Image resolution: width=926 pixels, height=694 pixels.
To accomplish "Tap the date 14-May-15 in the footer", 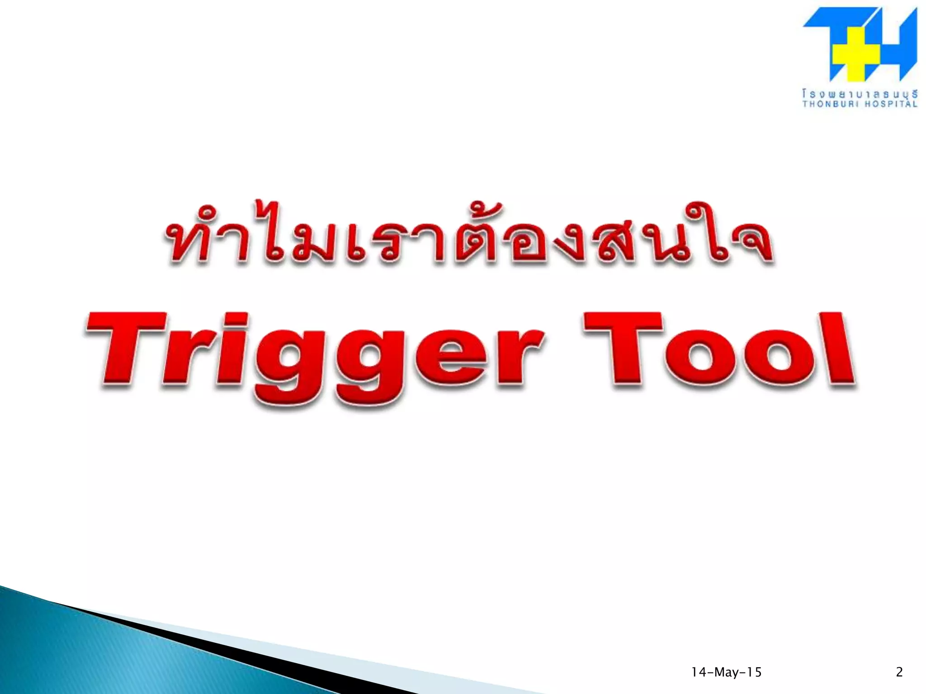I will coord(726,672).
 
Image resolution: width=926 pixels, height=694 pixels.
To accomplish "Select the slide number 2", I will coord(899,672).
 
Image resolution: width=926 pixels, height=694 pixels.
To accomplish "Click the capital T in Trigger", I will coord(127,348).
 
